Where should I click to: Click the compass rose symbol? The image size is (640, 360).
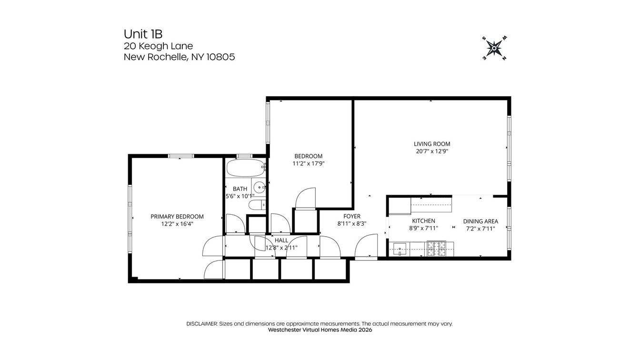(495, 48)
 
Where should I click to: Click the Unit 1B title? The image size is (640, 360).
(143, 34)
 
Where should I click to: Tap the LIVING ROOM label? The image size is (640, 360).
(431, 144)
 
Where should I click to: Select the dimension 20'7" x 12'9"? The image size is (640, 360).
(431, 151)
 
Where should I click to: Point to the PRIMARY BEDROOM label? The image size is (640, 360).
(177, 216)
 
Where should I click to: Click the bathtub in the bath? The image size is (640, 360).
(245, 168)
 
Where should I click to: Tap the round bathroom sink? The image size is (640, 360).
(259, 187)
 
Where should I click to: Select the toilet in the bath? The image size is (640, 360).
(256, 205)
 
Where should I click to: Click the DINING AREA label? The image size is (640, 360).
(480, 221)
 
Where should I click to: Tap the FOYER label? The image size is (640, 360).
(352, 216)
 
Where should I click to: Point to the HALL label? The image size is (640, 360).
(281, 240)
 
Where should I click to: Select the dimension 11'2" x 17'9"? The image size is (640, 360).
(308, 163)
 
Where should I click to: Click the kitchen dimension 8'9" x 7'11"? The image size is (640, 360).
(423, 228)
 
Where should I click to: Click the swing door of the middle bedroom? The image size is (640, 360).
(304, 198)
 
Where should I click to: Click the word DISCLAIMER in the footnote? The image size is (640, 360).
(201, 324)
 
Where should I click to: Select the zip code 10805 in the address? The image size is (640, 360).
(220, 57)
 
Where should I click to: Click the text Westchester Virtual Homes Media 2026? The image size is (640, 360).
(320, 330)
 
